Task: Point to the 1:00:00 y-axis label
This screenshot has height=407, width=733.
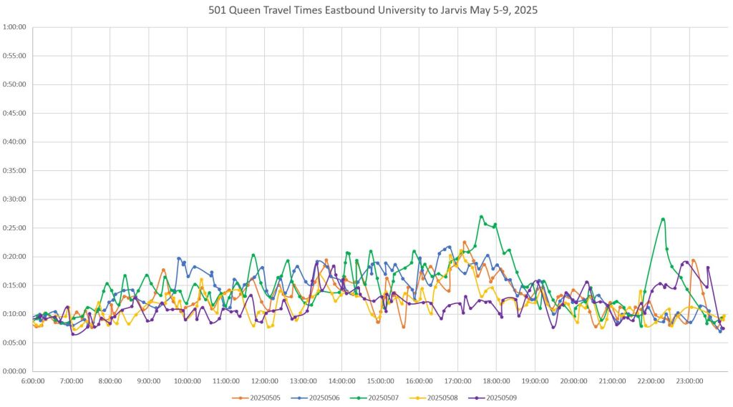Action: (x=14, y=27)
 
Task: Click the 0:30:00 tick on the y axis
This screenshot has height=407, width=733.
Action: (x=14, y=199)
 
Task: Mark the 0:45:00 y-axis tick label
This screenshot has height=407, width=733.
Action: (x=14, y=113)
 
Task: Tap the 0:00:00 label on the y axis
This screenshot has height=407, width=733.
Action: (x=14, y=371)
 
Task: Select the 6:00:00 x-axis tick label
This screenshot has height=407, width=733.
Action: (x=33, y=381)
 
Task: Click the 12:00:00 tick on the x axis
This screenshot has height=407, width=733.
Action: (x=264, y=381)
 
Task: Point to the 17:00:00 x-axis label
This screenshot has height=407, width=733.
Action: (x=457, y=381)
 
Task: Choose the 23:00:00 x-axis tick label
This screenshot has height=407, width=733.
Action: (x=689, y=381)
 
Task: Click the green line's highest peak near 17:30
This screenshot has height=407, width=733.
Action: (x=481, y=216)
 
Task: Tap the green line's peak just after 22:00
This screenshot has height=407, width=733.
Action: (x=664, y=219)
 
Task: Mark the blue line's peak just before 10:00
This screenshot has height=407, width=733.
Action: (x=178, y=258)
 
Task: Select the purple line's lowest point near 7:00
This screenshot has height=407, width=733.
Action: (x=73, y=334)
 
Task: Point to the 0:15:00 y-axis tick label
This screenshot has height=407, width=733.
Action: (x=14, y=285)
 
